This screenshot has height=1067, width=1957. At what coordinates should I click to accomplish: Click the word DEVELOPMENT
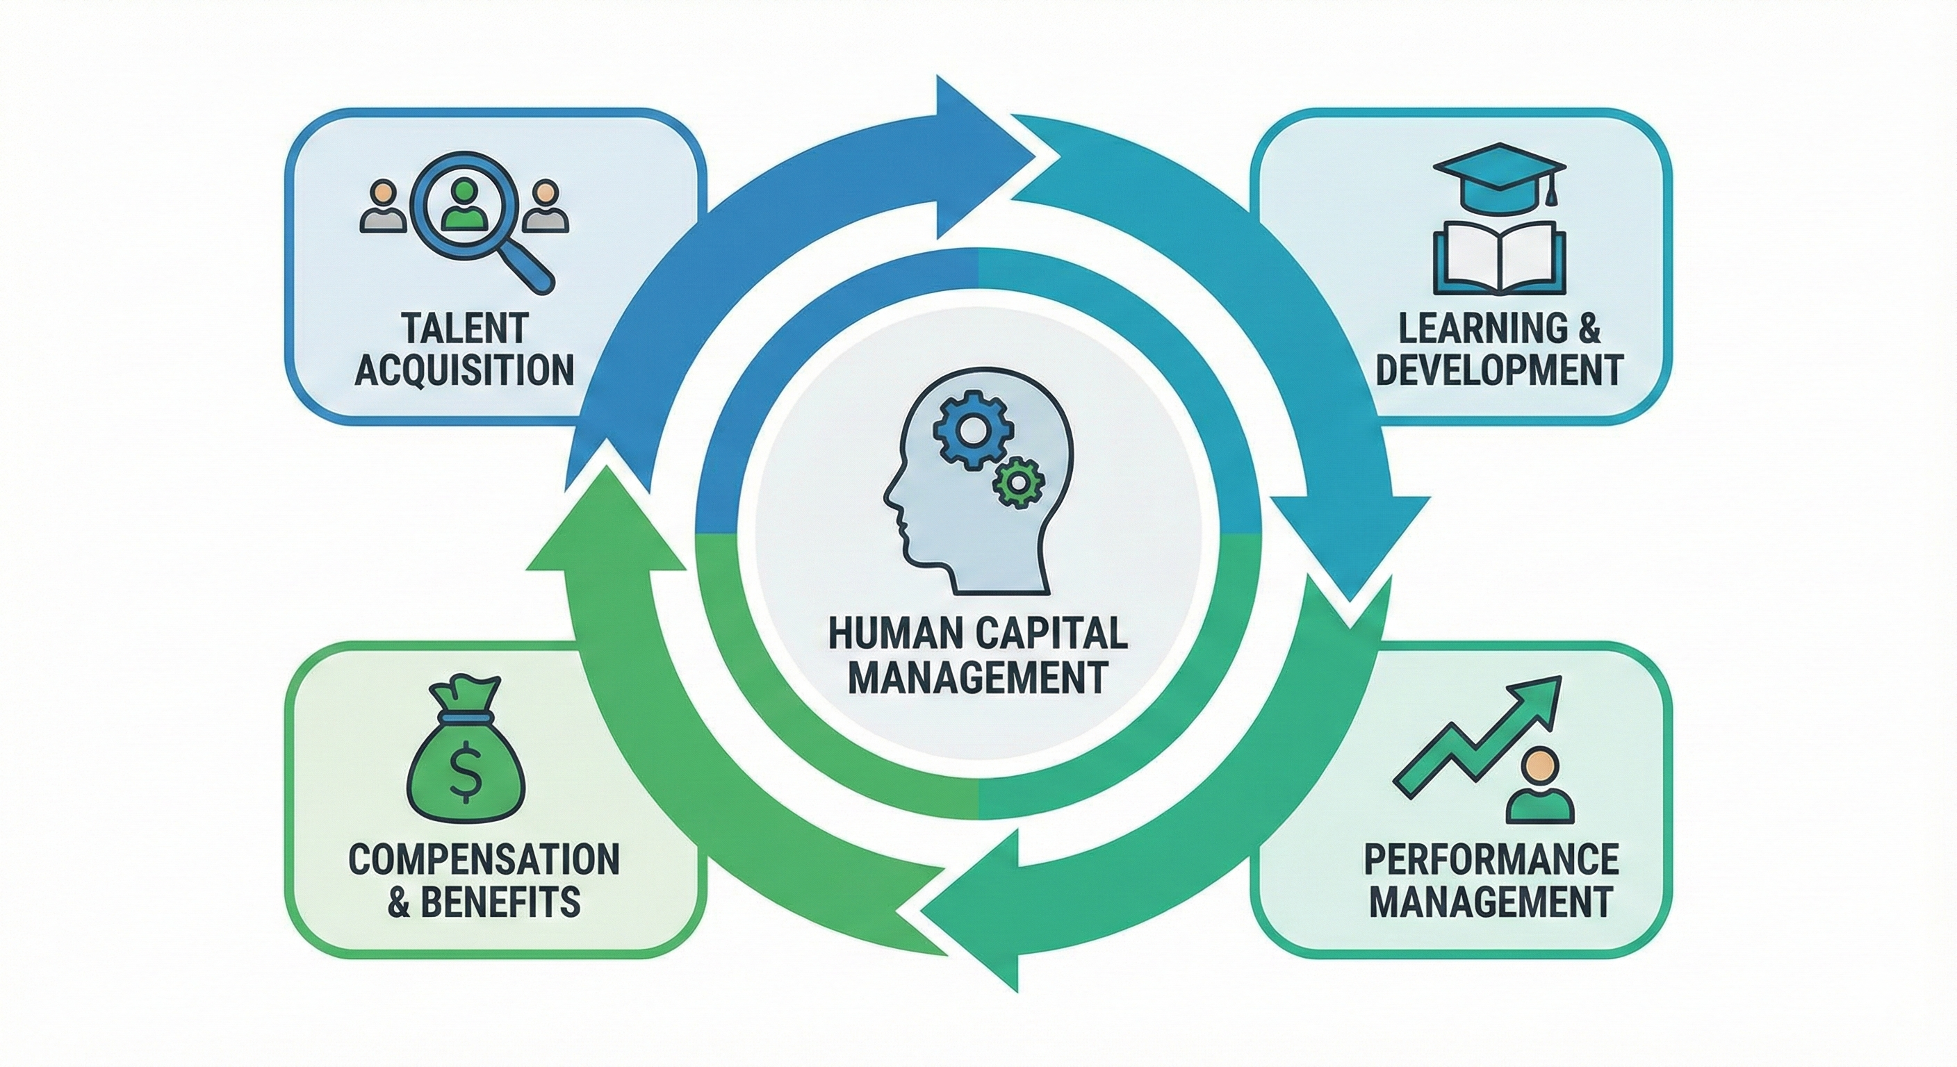tap(1500, 372)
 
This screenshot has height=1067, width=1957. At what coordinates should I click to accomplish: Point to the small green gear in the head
tap(1017, 481)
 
